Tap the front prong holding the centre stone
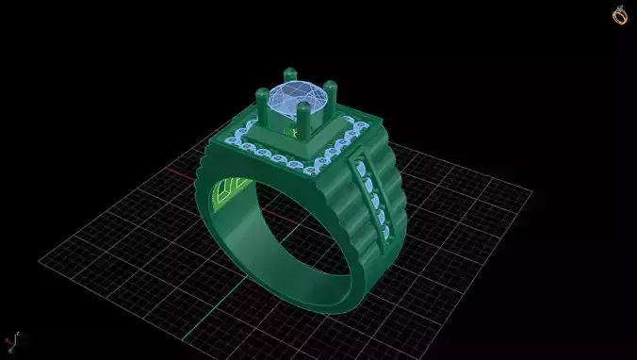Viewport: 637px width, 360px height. [303, 118]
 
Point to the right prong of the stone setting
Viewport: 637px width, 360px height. [330, 95]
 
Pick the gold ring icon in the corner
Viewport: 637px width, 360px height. [620, 15]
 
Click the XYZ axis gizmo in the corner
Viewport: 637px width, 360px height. [11, 340]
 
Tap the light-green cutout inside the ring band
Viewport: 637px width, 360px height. [226, 192]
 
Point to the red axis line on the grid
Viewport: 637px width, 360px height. [179, 173]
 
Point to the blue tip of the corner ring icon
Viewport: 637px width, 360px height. [620, 8]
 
